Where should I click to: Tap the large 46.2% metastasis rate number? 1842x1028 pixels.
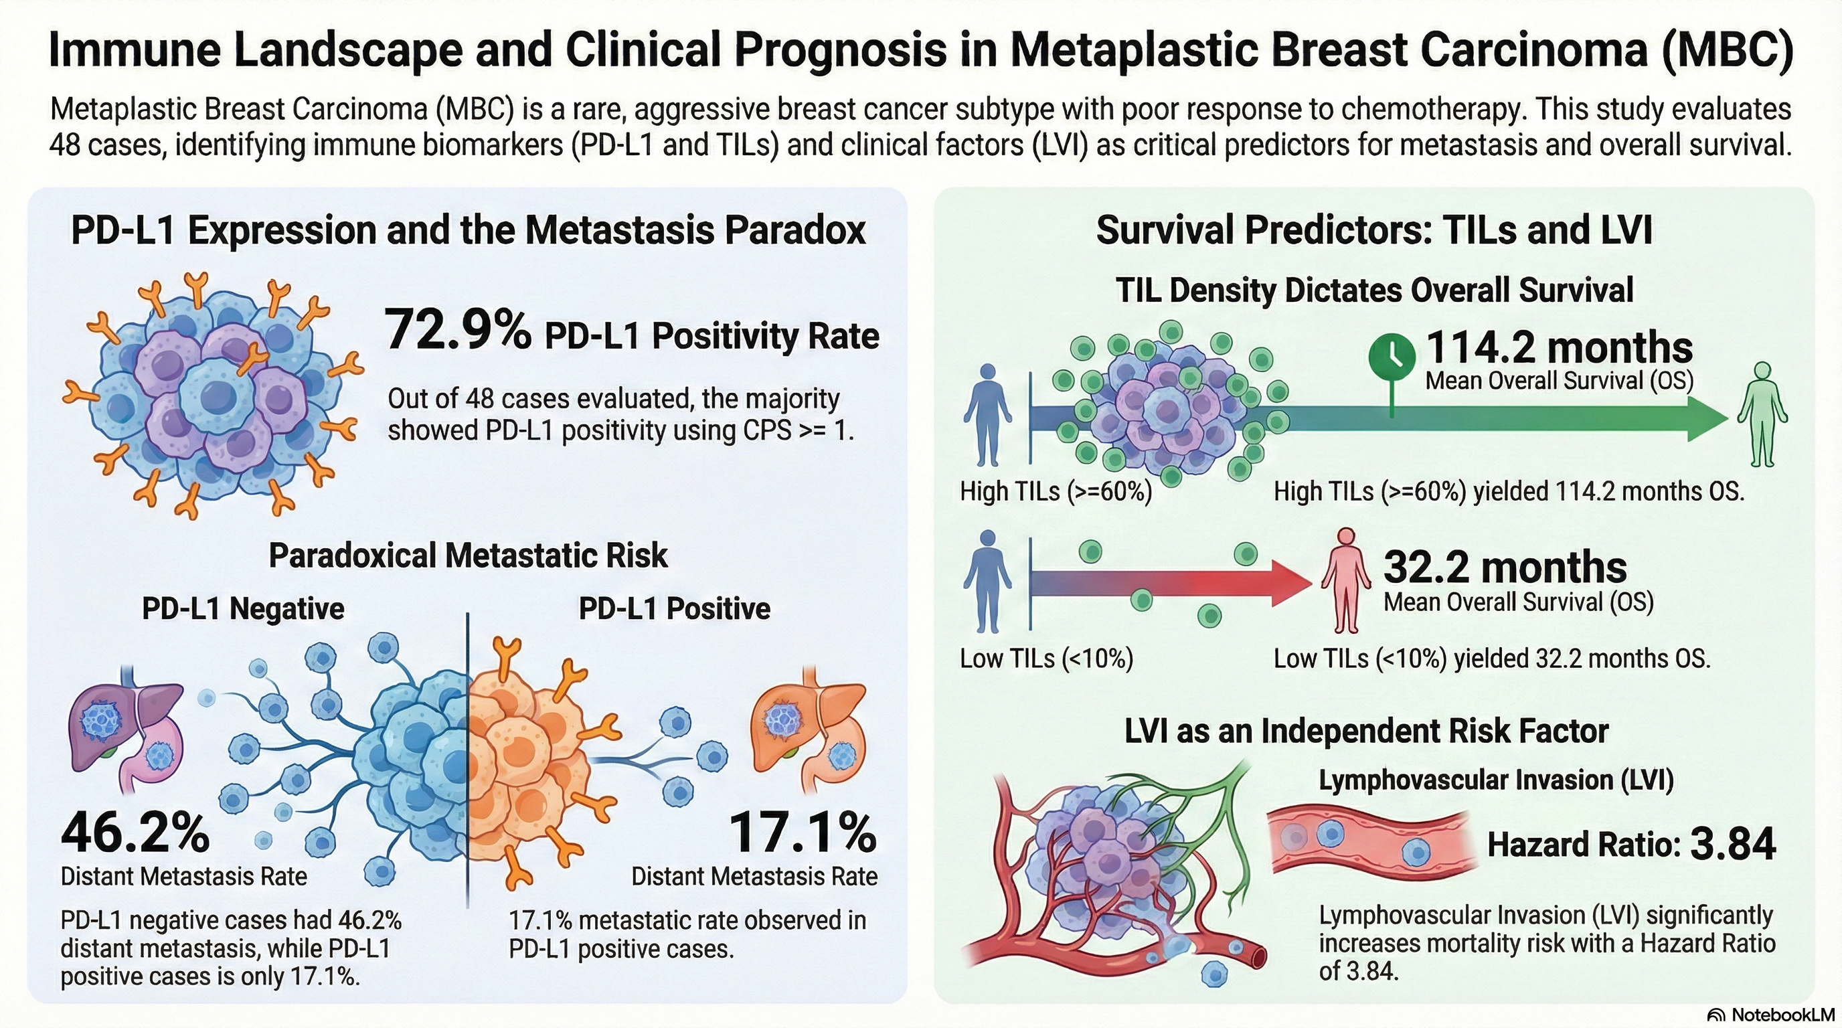click(135, 833)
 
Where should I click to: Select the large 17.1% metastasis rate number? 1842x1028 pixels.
click(803, 833)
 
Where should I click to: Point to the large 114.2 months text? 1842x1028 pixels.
click(1559, 348)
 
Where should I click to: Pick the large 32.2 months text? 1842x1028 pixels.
click(1505, 568)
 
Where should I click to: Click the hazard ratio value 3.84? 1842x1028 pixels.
click(1733, 844)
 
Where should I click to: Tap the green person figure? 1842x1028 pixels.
click(1762, 415)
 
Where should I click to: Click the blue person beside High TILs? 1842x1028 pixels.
click(987, 415)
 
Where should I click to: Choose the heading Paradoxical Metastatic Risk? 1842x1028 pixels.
click(469, 555)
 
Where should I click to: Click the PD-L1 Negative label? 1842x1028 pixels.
click(243, 609)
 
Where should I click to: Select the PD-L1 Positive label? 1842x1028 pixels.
click(674, 609)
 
